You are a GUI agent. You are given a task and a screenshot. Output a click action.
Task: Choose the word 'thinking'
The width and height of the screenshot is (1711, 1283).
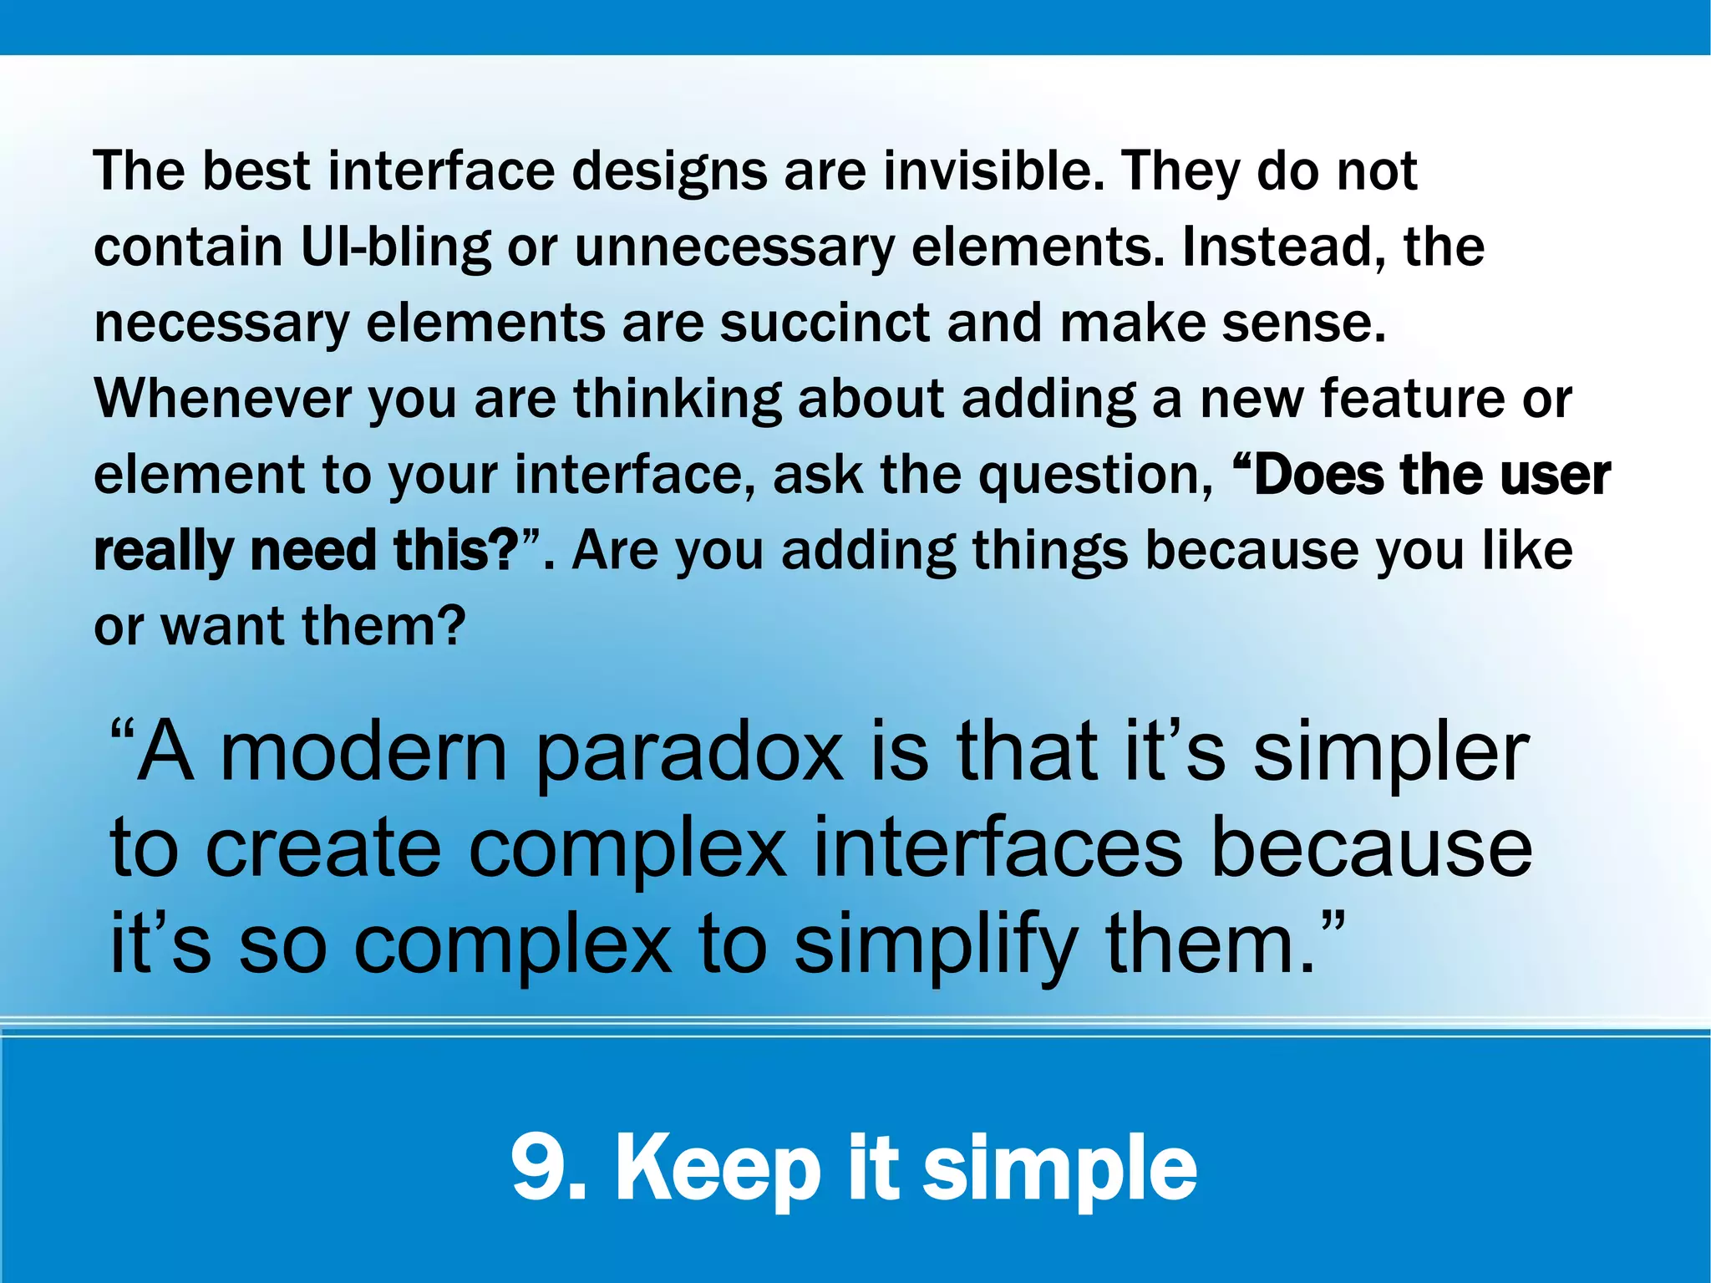(677, 399)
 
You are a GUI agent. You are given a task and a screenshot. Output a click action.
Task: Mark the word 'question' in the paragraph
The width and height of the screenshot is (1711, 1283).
(1095, 475)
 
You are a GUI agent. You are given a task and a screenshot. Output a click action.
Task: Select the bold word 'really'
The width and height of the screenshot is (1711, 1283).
(164, 551)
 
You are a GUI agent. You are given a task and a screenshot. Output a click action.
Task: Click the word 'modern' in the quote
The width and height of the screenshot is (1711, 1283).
(363, 751)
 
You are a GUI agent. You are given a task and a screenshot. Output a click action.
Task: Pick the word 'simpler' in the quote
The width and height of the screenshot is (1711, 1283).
(1391, 751)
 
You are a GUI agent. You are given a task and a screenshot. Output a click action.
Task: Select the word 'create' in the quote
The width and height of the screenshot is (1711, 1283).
(323, 849)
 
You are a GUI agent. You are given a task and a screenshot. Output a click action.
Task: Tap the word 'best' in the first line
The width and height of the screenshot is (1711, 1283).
(256, 171)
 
